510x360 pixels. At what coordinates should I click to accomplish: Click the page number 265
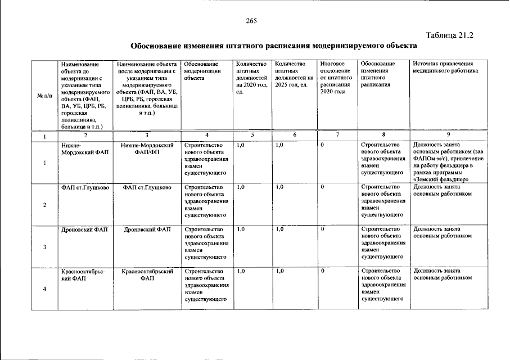click(x=251, y=21)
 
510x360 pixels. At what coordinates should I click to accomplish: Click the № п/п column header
click(x=44, y=96)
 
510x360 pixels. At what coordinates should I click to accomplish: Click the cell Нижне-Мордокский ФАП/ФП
click(x=147, y=149)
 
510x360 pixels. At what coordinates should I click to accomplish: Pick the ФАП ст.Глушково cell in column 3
click(x=147, y=187)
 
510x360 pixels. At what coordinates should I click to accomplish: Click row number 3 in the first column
click(x=44, y=247)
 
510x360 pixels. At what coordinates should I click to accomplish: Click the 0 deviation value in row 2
click(x=323, y=187)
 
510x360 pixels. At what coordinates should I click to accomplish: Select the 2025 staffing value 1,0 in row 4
click(x=279, y=272)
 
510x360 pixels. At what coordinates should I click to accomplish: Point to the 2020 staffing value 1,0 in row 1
click(x=241, y=146)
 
